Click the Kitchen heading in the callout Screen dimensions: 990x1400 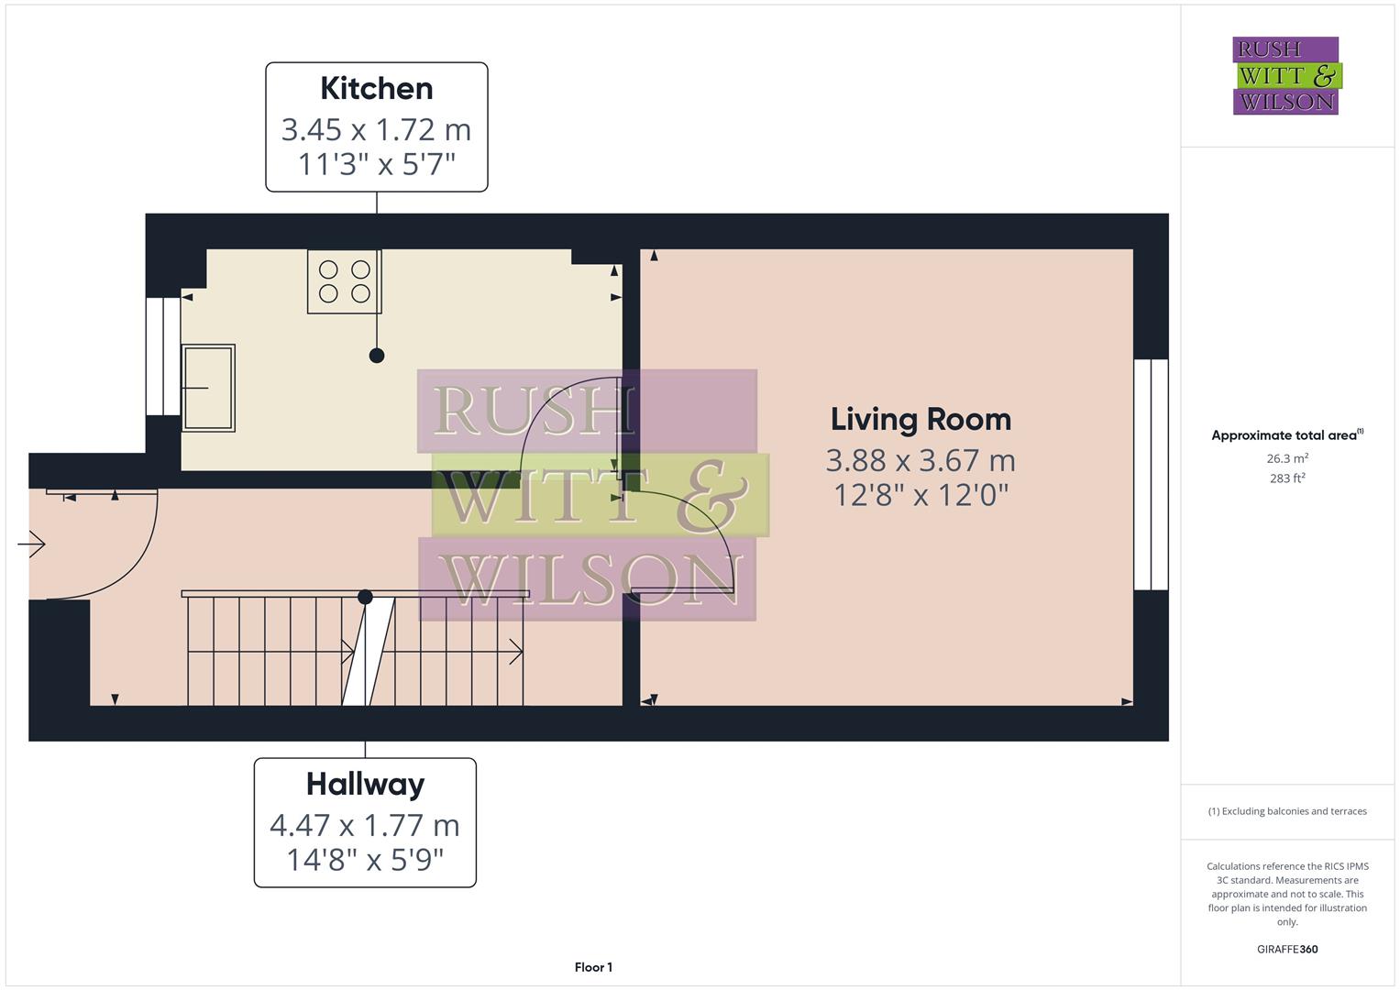(x=376, y=88)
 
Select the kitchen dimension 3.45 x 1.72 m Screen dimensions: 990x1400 (x=376, y=129)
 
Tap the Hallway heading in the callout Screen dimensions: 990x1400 (x=365, y=784)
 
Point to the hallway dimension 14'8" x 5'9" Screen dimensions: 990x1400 (x=365, y=860)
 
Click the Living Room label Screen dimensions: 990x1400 (x=920, y=419)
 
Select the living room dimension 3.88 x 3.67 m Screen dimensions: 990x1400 (x=920, y=459)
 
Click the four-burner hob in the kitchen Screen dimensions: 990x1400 (x=344, y=281)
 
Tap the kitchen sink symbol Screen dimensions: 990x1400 (x=208, y=388)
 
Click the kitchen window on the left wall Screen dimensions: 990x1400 (x=163, y=357)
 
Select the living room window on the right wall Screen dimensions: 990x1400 (x=1151, y=474)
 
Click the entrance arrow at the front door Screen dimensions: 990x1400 (x=31, y=544)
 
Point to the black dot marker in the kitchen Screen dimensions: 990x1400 (x=377, y=356)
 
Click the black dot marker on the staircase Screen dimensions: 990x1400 (x=365, y=597)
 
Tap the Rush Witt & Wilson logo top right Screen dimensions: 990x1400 (x=1286, y=75)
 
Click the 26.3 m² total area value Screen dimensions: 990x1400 (x=1286, y=458)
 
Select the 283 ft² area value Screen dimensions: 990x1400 (x=1286, y=478)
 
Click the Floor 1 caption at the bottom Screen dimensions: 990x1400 (x=593, y=967)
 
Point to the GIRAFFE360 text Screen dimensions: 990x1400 (x=1286, y=949)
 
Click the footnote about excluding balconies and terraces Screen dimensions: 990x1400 (x=1286, y=811)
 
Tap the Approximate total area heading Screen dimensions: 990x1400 (x=1286, y=435)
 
